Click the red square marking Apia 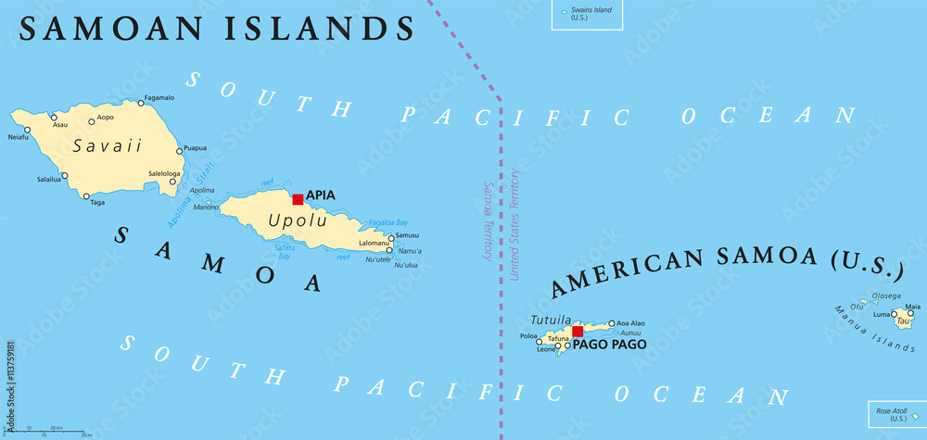coord(298,199)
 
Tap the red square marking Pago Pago coord(578,332)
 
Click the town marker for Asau coord(53,117)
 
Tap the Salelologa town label coord(164,173)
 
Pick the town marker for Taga coord(86,195)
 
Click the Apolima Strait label coord(191,195)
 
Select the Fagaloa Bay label coord(388,222)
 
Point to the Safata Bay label coord(284,250)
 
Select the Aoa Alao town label coord(631,323)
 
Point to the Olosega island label coord(887,296)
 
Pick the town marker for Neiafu coord(27,130)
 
